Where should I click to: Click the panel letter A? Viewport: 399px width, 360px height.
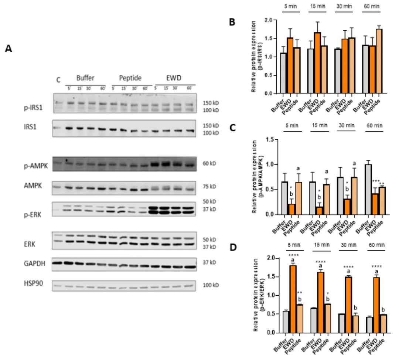click(8, 49)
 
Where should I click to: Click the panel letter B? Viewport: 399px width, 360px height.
click(232, 22)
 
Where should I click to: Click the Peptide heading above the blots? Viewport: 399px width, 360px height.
click(130, 78)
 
